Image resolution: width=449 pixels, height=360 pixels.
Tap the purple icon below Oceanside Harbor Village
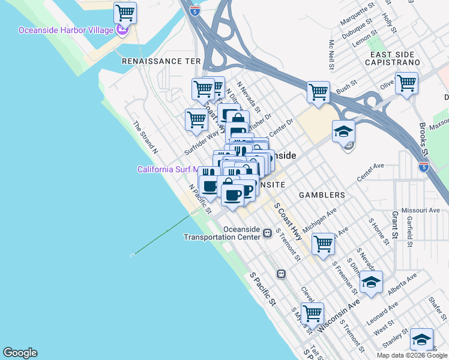pyautogui.click(x=122, y=31)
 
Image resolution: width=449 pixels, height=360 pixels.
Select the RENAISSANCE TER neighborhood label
pyautogui.click(x=160, y=61)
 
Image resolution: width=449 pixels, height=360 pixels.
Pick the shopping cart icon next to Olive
pyautogui.click(x=406, y=83)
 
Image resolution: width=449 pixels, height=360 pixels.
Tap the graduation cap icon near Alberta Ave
pyautogui.click(x=371, y=281)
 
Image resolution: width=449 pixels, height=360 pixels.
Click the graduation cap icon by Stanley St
pyautogui.click(x=421, y=340)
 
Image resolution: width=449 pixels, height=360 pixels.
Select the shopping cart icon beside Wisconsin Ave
pyautogui.click(x=312, y=313)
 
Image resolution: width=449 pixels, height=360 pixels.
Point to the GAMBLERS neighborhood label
pyautogui.click(x=323, y=195)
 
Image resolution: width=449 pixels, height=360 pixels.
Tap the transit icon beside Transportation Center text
pyautogui.click(x=266, y=236)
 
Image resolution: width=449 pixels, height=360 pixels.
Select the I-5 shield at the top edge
pyautogui.click(x=193, y=10)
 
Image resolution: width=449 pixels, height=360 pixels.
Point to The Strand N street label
pyautogui.click(x=146, y=137)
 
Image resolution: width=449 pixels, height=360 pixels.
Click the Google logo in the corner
pyautogui.click(x=20, y=353)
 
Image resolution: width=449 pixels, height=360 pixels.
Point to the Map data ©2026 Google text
pyautogui.click(x=412, y=355)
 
